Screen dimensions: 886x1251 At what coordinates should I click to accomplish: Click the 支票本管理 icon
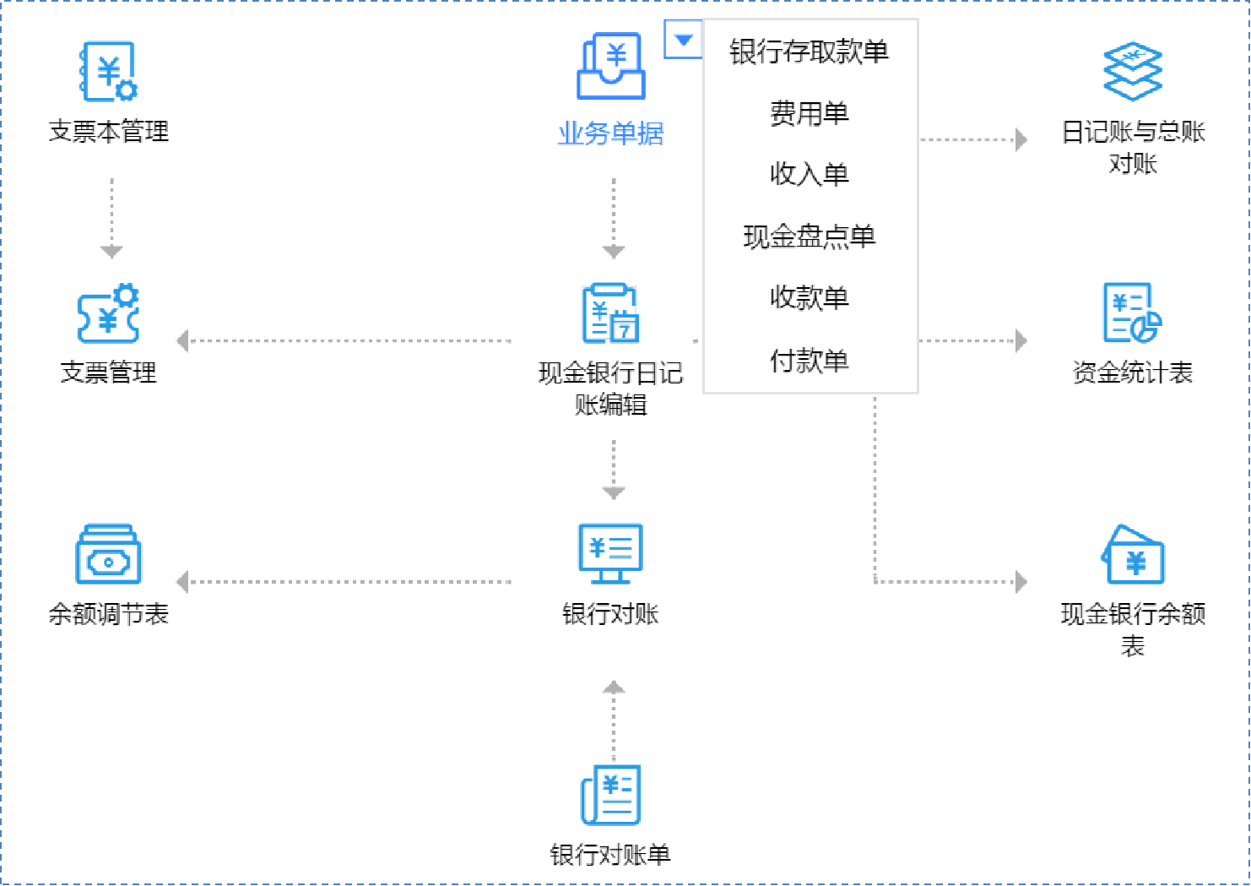(x=108, y=72)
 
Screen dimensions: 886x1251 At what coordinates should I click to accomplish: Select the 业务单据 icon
(x=611, y=67)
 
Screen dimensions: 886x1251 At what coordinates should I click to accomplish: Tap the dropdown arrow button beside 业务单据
(x=684, y=40)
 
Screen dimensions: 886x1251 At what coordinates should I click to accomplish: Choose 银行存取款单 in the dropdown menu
(x=809, y=52)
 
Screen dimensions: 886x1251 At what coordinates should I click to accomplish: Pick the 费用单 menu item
(x=809, y=113)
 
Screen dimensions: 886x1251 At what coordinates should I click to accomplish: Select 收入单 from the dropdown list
(x=809, y=175)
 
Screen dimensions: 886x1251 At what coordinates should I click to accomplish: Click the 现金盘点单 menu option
(x=809, y=236)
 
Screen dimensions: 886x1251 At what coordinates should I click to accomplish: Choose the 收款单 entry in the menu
(x=809, y=298)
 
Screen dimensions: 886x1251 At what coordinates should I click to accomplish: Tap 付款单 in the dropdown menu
(x=809, y=361)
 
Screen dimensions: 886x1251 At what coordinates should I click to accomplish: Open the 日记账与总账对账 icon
(x=1133, y=72)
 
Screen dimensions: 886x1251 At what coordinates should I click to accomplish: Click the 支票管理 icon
(x=108, y=313)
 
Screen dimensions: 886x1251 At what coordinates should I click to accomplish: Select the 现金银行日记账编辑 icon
(x=611, y=313)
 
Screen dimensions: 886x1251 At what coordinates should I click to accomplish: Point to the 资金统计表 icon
(x=1133, y=313)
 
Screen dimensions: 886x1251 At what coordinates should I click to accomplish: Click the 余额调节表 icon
(x=108, y=554)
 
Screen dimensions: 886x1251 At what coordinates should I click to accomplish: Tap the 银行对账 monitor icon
(x=611, y=554)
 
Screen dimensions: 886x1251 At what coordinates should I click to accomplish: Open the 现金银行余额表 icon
(x=1133, y=554)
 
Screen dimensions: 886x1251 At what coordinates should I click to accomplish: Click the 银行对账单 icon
(x=611, y=795)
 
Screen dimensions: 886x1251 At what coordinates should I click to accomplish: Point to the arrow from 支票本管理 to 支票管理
(x=111, y=215)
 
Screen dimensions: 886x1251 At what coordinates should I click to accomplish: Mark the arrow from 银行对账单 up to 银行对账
(x=614, y=718)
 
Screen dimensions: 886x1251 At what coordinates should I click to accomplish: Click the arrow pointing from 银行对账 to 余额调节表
(x=346, y=582)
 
